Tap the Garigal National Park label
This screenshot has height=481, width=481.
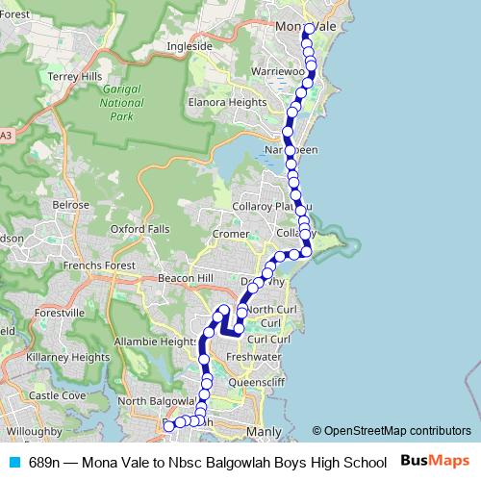click(122, 104)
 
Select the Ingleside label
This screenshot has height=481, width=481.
click(189, 45)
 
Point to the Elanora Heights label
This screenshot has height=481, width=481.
click(227, 101)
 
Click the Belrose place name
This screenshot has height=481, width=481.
click(71, 205)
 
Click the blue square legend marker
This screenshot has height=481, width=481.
click(13, 462)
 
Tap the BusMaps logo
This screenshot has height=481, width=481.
click(436, 461)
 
